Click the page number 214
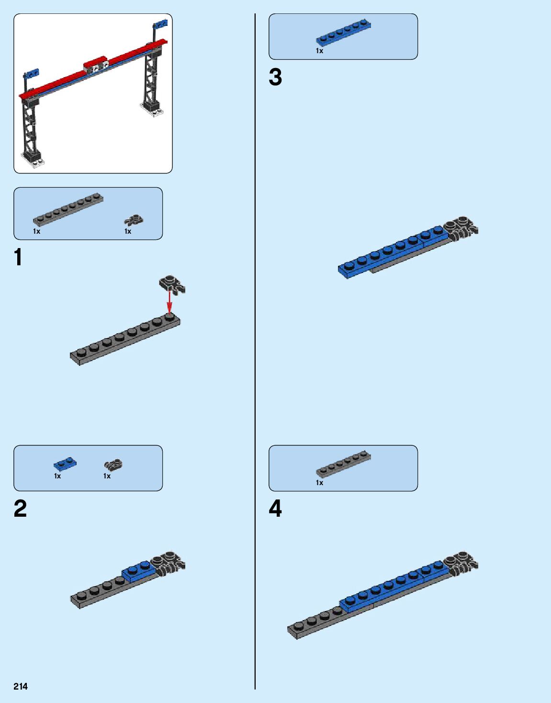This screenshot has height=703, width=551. [x=21, y=686]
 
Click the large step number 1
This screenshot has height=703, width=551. [x=18, y=257]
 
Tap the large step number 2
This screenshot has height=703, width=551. [x=20, y=508]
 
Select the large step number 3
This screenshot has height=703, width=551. [x=275, y=77]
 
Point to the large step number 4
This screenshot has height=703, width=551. [x=275, y=508]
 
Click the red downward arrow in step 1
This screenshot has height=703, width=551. [x=169, y=301]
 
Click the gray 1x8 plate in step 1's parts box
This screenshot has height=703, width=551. [x=68, y=209]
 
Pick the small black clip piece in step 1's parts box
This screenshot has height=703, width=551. [x=134, y=220]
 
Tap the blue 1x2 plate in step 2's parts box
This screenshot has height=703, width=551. [x=65, y=463]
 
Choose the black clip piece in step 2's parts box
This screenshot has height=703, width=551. [x=113, y=464]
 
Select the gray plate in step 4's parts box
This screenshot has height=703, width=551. [x=343, y=464]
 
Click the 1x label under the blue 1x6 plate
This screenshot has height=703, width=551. [x=319, y=51]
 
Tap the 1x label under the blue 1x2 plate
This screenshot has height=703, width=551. [x=57, y=476]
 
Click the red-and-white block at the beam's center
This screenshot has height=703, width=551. [x=96, y=67]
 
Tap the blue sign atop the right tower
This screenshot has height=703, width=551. [x=160, y=24]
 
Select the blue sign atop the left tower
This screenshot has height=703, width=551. [x=32, y=73]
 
